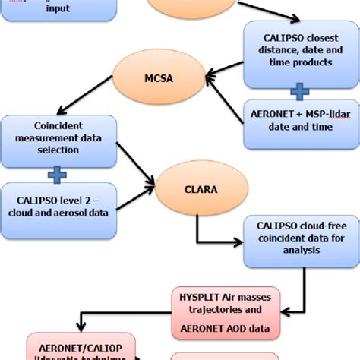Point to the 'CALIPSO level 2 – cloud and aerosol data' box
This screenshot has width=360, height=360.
point(59,206)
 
